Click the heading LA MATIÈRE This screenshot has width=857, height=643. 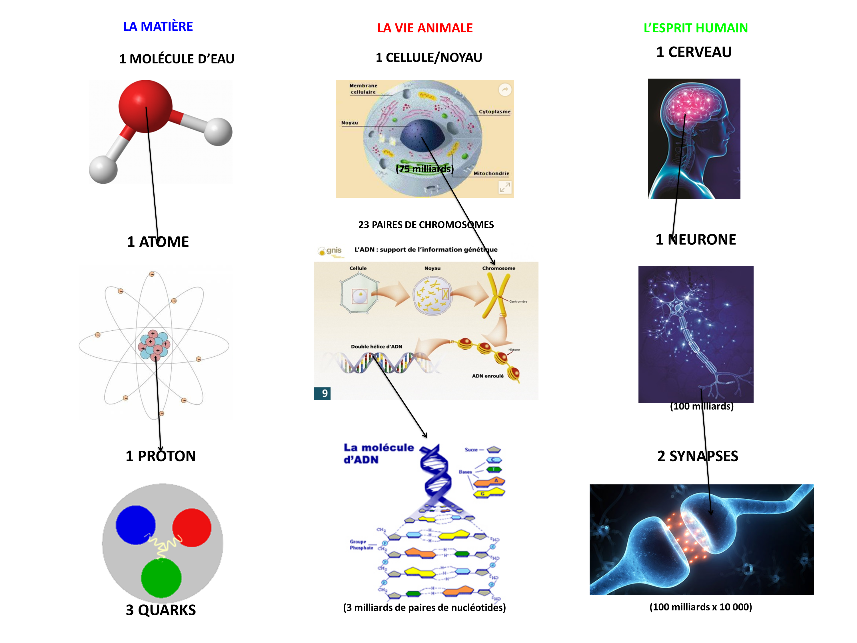click(158, 26)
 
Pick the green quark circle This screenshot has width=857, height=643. click(161, 578)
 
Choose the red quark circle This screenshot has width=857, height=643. click(192, 527)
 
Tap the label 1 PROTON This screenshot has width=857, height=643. click(161, 456)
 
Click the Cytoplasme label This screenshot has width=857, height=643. click(494, 112)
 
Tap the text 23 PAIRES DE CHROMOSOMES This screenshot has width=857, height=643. click(426, 225)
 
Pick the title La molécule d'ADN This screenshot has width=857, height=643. click(378, 454)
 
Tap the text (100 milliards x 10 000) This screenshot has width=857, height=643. click(700, 607)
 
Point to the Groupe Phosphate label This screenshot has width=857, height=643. click(361, 545)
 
